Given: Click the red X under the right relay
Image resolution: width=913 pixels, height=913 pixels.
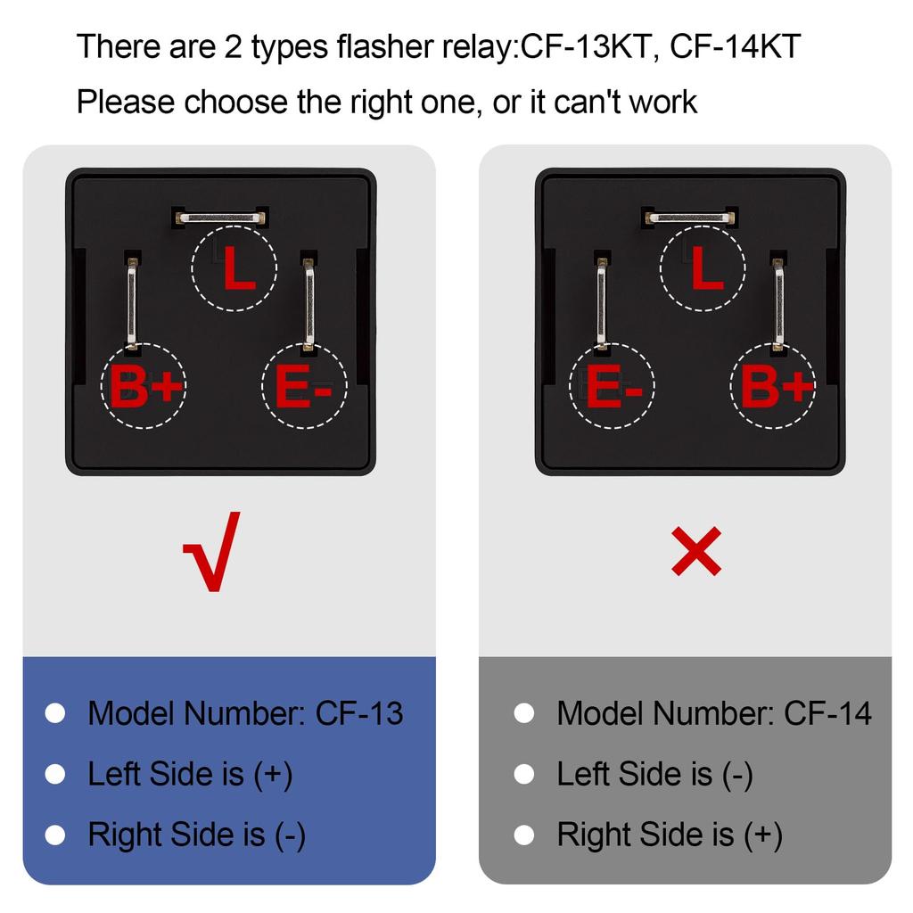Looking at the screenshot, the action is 695,551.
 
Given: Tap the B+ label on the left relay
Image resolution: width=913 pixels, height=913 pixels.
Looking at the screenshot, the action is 145,385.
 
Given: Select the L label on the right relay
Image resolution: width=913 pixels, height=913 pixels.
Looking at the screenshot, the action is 707,267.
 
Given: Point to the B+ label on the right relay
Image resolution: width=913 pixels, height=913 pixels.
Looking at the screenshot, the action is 777,385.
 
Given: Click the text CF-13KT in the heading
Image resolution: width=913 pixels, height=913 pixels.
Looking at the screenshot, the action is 585,46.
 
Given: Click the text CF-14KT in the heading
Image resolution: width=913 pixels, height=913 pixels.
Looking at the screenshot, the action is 736,46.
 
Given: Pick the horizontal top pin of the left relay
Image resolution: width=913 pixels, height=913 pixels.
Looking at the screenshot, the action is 221,218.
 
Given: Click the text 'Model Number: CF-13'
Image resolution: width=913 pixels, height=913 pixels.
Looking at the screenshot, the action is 245,712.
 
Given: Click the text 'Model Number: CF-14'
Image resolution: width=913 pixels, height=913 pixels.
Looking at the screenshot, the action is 714,712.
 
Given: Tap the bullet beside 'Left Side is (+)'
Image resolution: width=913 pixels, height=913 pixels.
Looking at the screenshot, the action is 55,774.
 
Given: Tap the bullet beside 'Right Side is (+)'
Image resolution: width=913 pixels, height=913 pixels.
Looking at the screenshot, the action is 524,835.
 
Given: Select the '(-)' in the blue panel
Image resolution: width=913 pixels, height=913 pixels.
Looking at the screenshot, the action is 290,835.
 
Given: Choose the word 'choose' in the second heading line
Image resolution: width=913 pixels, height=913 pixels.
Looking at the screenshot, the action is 235,102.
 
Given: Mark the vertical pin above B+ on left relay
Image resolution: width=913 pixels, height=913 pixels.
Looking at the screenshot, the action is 132,303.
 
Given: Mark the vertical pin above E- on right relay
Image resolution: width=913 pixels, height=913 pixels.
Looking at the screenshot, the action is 602,303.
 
